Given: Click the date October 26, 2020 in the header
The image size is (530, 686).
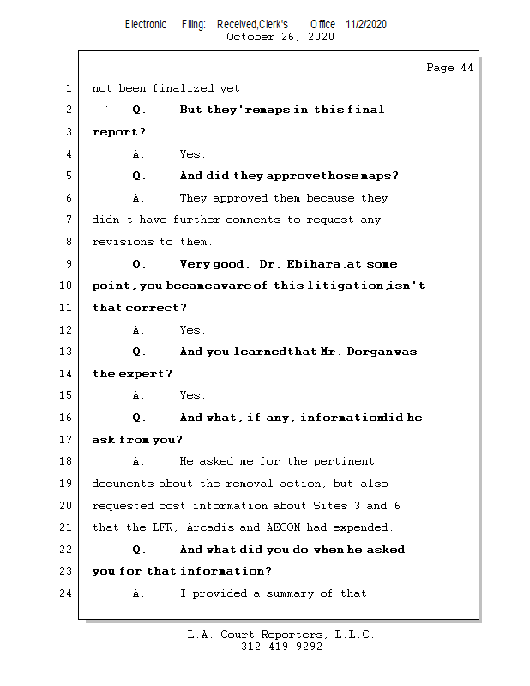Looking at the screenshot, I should point(280,37).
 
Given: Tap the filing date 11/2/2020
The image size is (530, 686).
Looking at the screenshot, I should point(366,24).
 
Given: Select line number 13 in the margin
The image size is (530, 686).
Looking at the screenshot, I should point(67,352).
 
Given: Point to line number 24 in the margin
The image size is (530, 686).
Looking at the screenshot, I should point(67,593).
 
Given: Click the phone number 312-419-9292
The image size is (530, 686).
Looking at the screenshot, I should point(281,647).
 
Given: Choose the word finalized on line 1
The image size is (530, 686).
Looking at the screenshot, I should point(185,88).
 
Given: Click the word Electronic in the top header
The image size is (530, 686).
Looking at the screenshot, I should point(146,24).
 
